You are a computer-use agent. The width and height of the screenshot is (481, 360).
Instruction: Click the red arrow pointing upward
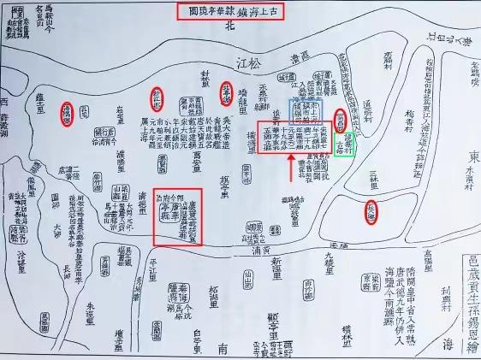[292, 174]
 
